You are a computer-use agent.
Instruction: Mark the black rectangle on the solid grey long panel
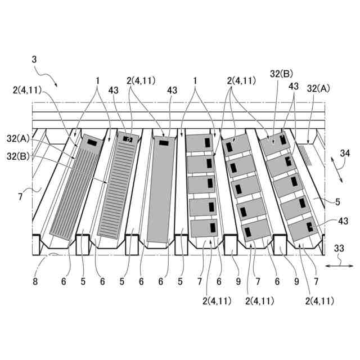point(164,143)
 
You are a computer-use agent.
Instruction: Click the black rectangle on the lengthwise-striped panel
point(91,144)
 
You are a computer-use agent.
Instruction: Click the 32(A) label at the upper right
point(319,88)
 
